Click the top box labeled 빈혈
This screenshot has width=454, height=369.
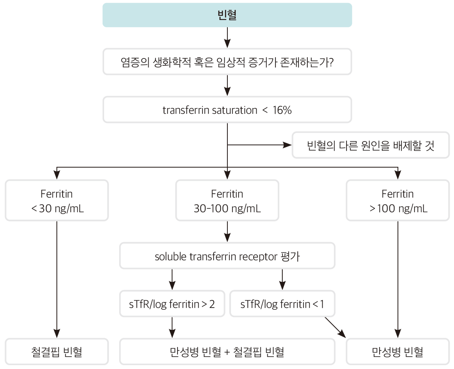tap(227, 15)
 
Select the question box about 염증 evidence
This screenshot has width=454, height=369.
tap(227, 61)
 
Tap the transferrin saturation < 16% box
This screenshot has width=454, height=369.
tap(227, 110)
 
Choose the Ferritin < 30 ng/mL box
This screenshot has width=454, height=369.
tap(57, 201)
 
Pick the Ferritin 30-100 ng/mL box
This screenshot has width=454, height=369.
tap(227, 201)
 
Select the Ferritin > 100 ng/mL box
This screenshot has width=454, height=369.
tap(398, 201)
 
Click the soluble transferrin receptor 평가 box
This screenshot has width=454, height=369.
tap(227, 256)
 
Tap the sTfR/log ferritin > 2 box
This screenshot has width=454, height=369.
tap(172, 304)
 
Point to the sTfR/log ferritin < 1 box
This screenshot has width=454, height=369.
tap(282, 304)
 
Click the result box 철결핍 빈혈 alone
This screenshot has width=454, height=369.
tap(57, 352)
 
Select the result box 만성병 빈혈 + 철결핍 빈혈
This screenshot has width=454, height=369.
tap(227, 352)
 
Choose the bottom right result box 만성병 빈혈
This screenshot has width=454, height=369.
tap(398, 352)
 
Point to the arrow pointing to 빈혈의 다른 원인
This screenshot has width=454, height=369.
tap(261, 145)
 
